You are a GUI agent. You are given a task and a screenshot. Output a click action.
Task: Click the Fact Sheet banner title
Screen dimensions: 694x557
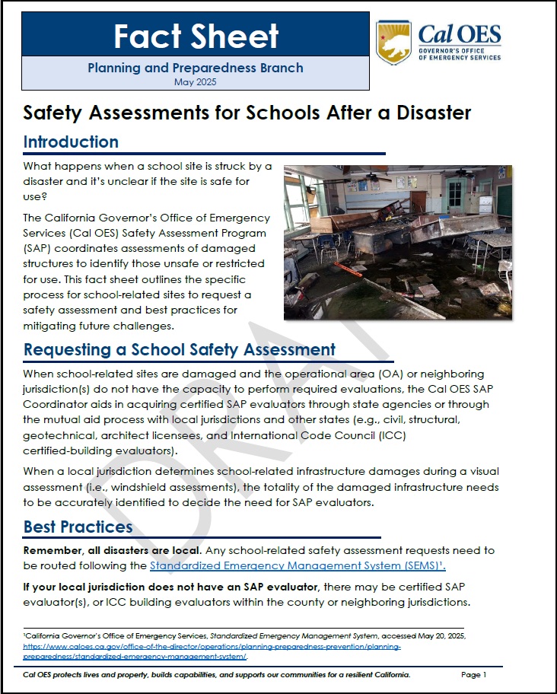196,36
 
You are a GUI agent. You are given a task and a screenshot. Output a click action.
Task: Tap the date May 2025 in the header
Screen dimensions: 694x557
196,81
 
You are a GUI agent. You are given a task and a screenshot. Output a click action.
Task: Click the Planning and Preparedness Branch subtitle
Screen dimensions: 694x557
196,68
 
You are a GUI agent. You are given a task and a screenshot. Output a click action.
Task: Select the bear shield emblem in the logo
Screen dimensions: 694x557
393,42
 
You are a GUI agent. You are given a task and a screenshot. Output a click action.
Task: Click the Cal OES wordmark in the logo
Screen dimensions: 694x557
460,34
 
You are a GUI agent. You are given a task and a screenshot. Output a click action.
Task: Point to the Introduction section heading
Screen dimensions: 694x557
71,142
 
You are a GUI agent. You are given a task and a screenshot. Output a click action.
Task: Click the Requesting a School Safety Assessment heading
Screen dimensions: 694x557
180,350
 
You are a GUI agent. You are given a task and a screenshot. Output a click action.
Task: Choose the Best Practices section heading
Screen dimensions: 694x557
78,527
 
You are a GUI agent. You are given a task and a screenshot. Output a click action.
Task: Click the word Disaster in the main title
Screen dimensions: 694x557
429,113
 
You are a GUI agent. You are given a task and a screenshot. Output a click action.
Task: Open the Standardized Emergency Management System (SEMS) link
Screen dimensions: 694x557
298,566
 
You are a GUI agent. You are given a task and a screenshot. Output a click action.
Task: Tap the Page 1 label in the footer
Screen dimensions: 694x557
473,675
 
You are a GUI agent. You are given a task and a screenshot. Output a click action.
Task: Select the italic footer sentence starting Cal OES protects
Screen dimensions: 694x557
217,675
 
